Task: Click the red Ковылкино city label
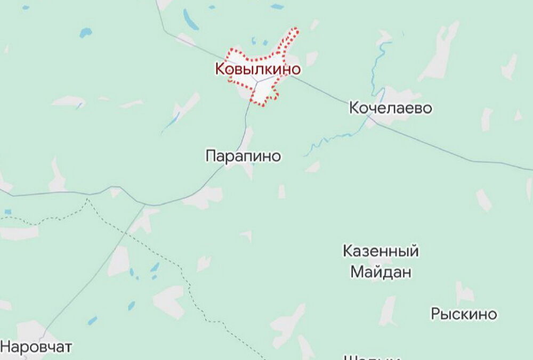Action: [x=257, y=69]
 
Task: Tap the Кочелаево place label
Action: [x=390, y=108]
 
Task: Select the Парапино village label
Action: [x=243, y=156]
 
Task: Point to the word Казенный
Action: [x=381, y=251]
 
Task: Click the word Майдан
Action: [x=381, y=272]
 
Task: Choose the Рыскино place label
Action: [x=464, y=314]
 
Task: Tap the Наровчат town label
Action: [x=36, y=347]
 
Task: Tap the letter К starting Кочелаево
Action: [x=354, y=108]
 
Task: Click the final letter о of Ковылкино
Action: [x=295, y=69]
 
